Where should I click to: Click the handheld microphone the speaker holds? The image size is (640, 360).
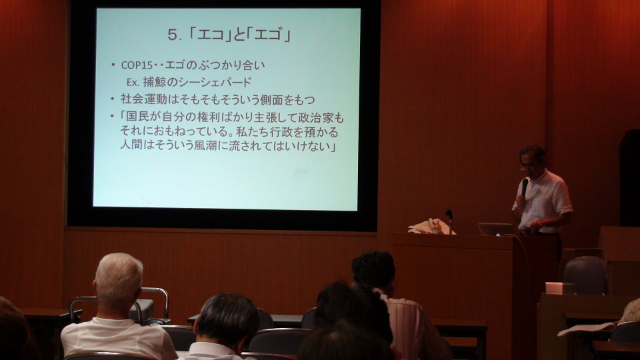525,187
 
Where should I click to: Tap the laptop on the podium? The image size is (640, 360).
495,229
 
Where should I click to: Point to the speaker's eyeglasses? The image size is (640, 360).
526,165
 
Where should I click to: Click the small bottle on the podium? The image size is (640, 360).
437,226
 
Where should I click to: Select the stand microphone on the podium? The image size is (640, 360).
449,221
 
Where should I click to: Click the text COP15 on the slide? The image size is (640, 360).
137,65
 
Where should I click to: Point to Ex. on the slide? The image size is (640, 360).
133,82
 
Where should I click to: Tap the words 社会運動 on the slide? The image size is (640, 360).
144,99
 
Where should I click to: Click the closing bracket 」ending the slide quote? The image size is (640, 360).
333,147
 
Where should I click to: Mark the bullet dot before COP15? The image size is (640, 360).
113,65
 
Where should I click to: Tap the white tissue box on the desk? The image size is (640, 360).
559,288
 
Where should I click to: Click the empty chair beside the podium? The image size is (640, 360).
585,275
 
